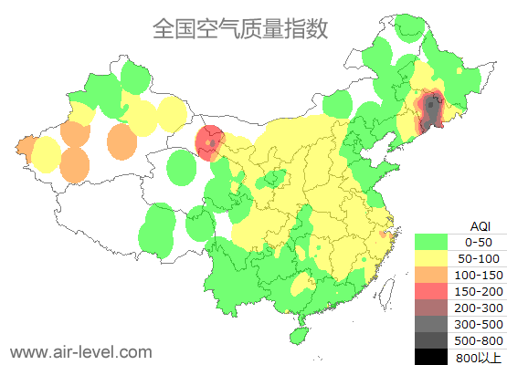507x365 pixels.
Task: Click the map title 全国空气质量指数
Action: pyautogui.click(x=240, y=29)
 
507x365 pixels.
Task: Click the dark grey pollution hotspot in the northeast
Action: pyautogui.click(x=430, y=111)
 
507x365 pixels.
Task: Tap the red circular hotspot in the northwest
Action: pyautogui.click(x=210, y=142)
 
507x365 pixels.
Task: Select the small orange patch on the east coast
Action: pyautogui.click(x=385, y=236)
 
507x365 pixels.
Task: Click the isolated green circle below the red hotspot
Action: pyautogui.click(x=183, y=168)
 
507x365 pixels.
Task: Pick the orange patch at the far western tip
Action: pyautogui.click(x=25, y=146)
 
